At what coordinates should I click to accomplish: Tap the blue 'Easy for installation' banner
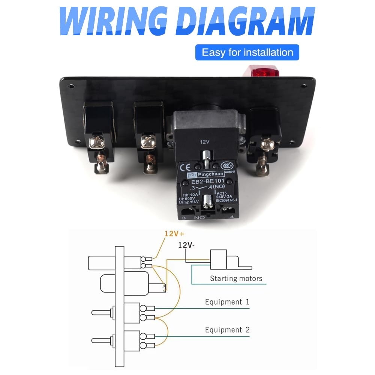point(247,52)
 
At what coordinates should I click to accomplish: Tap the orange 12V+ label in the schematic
point(174,233)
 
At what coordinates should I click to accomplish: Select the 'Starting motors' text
point(236,278)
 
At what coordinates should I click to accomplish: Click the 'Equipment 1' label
point(227,302)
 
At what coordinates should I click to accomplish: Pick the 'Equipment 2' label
point(227,330)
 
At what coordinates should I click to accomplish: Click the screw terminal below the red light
point(267,143)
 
